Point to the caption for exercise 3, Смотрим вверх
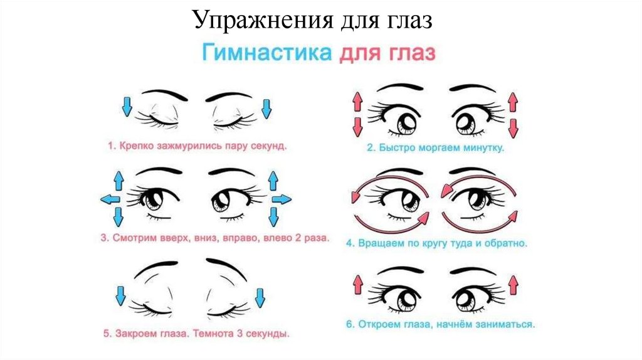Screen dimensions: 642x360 213,239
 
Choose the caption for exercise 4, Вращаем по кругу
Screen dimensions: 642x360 438,241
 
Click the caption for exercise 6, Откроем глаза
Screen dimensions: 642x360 441,325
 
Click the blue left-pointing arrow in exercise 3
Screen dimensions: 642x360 110,199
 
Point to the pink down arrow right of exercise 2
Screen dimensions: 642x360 513,127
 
